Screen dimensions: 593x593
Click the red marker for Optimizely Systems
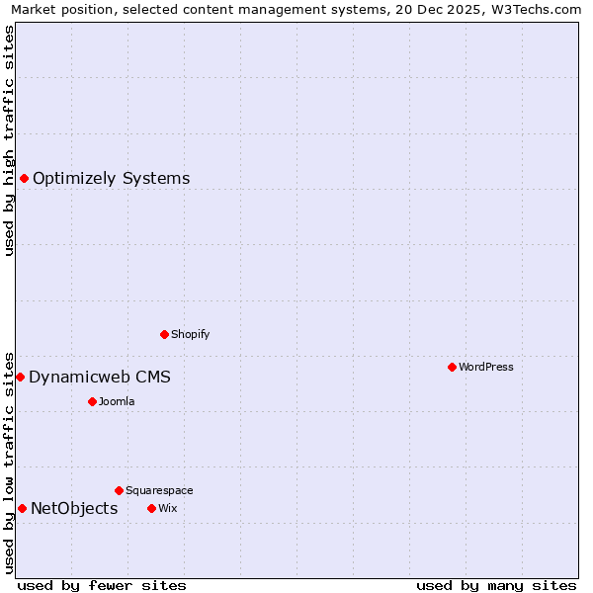click(x=24, y=178)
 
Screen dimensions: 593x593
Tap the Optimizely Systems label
click(x=111, y=179)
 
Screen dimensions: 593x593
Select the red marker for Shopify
click(x=164, y=334)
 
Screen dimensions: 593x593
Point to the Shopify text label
click(x=190, y=334)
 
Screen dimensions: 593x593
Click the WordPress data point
click(x=452, y=367)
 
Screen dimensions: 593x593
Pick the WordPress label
click(x=485, y=367)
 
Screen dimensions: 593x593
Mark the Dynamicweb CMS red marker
click(x=20, y=377)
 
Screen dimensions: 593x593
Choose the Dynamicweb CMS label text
click(x=99, y=378)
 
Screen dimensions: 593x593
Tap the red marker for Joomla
click(x=92, y=401)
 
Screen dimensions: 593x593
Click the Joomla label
click(x=116, y=401)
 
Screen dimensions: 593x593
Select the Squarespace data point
click(x=119, y=490)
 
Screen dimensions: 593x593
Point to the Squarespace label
click(x=159, y=490)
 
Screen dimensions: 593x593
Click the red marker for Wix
click(x=151, y=508)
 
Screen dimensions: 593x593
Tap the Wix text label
click(x=167, y=508)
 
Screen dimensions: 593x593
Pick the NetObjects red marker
click(x=22, y=508)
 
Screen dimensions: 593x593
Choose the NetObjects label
click(x=74, y=509)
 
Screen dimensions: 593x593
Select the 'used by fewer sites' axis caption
click(x=102, y=585)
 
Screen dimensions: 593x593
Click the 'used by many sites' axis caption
click(x=496, y=585)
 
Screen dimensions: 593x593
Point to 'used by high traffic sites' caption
click(x=9, y=140)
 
